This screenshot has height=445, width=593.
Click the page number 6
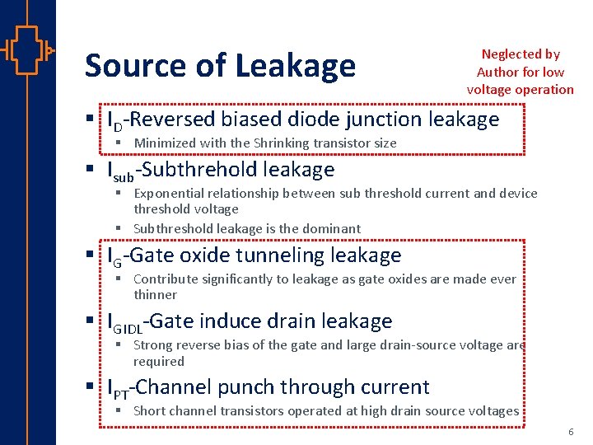pyautogui.click(x=570, y=432)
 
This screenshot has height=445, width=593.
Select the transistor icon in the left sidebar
pyautogui.click(x=27, y=51)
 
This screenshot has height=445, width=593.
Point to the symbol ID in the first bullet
pyautogui.click(x=115, y=121)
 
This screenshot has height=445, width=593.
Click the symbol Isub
pyautogui.click(x=120, y=171)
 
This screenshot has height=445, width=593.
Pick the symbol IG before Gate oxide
pyautogui.click(x=115, y=257)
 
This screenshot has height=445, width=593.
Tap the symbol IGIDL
pyautogui.click(x=125, y=322)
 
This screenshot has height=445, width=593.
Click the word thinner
pyautogui.click(x=156, y=294)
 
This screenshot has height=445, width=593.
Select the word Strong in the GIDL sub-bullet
pyautogui.click(x=153, y=345)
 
